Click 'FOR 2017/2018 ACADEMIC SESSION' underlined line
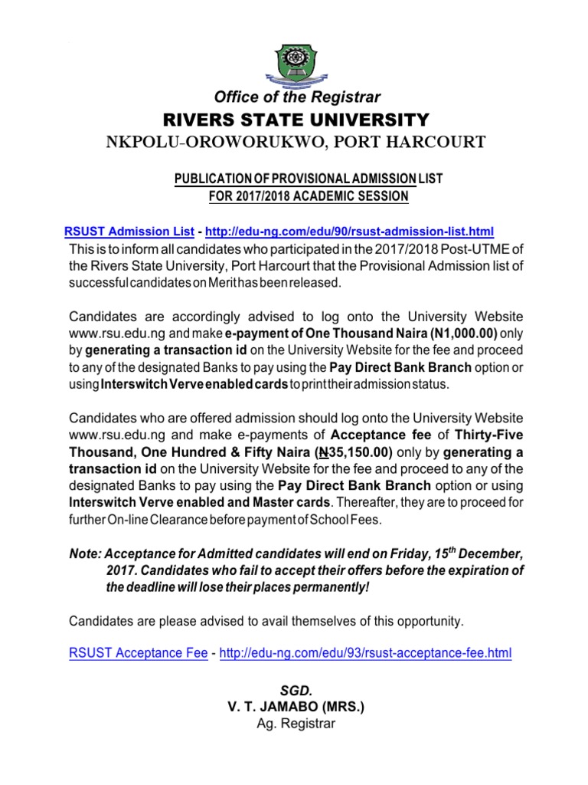(x=309, y=196)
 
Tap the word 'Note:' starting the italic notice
(x=85, y=554)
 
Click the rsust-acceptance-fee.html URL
(x=365, y=653)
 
